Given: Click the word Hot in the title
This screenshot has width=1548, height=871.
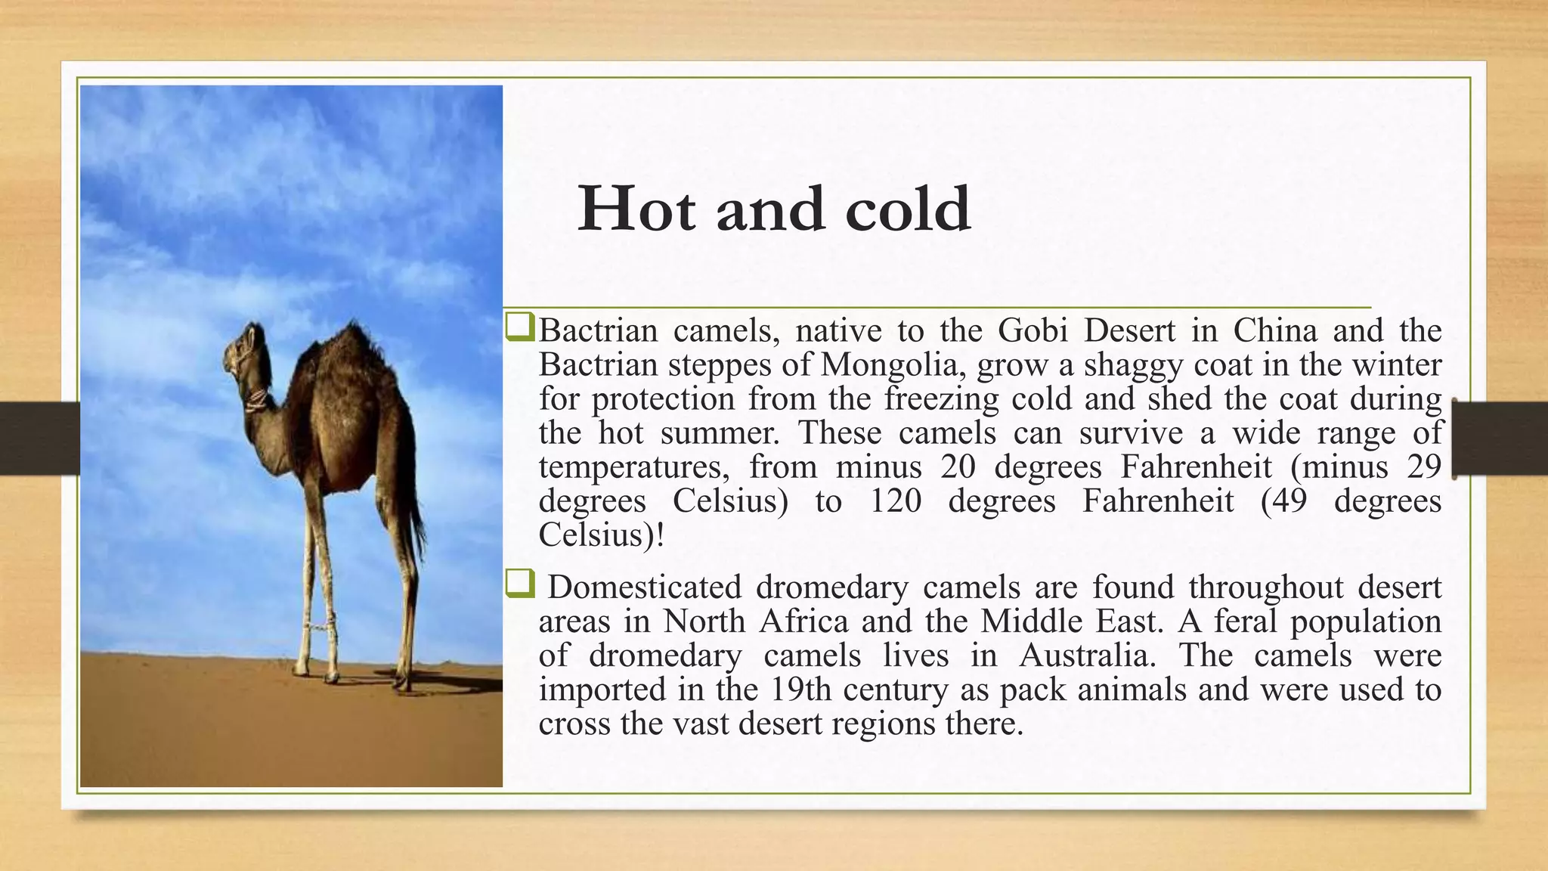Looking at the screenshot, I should (x=636, y=209).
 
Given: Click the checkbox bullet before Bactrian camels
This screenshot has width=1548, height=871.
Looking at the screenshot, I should (x=520, y=329).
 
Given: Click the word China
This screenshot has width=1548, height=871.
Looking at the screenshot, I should (x=1275, y=330).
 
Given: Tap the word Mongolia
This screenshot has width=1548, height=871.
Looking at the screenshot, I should (x=890, y=365).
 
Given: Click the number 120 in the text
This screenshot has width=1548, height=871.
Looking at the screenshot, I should (x=896, y=501).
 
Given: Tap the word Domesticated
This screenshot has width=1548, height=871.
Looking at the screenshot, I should (x=644, y=587).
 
